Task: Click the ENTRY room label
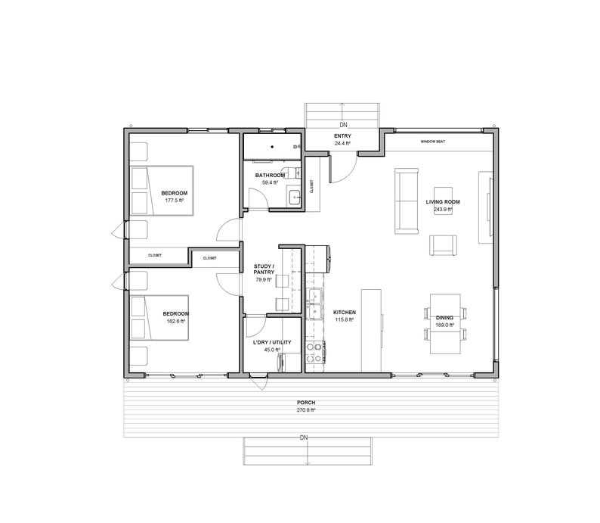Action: tap(342, 136)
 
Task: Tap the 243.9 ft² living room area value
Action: tap(443, 210)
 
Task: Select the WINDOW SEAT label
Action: tap(432, 142)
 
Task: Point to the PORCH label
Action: tap(305, 403)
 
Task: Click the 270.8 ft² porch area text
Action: tap(305, 410)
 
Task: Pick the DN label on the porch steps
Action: tap(304, 438)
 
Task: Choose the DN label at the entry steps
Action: tap(342, 124)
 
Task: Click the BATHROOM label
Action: tap(270, 176)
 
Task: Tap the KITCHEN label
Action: tap(345, 312)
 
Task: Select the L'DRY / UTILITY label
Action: tap(271, 342)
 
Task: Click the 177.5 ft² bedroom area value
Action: tap(174, 201)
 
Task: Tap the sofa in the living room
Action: tap(406, 201)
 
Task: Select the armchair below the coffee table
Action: tap(444, 245)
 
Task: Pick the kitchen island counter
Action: tap(370, 329)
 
